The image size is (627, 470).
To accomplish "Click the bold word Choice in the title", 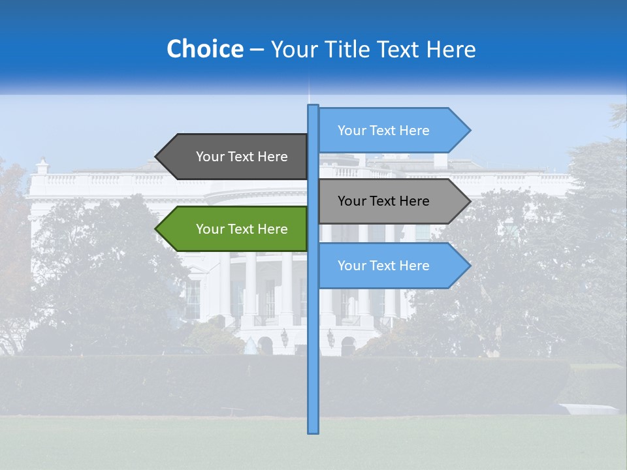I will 204,49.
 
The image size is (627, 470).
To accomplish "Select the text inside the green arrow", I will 242,229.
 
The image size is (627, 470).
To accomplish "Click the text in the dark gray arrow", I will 242,157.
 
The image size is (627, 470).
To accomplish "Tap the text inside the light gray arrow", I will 383,201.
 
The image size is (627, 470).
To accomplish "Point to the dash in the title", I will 257,50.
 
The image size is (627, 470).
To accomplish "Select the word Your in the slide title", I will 291,49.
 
